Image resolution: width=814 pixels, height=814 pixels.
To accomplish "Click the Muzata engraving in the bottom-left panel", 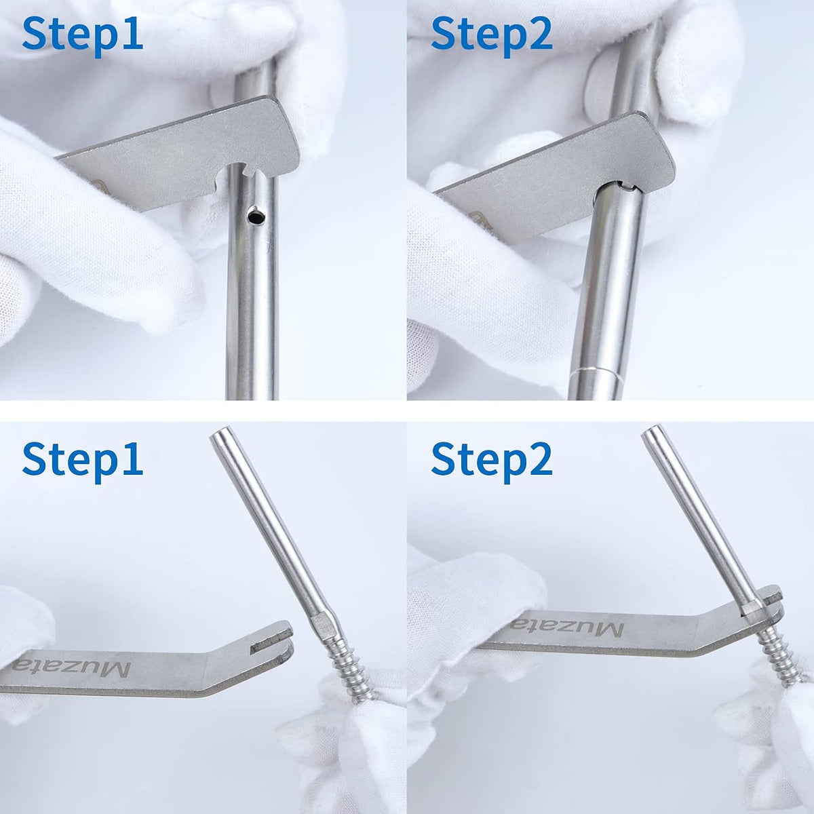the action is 71,667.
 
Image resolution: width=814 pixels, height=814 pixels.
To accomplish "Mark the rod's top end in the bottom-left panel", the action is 220,434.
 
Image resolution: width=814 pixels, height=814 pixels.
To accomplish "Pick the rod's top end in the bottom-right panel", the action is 651,434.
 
